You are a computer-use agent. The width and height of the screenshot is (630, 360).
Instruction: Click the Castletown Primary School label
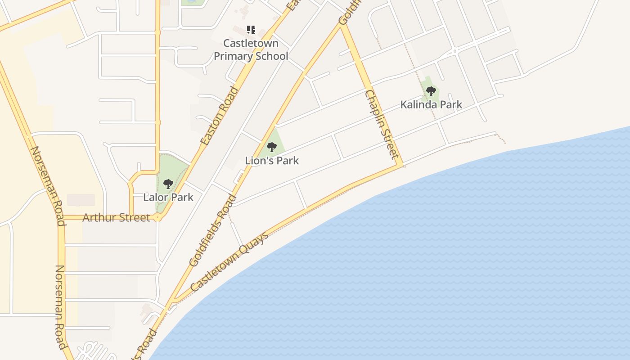(251, 50)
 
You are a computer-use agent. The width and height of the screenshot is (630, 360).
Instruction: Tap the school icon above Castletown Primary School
(251, 30)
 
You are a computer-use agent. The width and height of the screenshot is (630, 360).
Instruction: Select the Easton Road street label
(219, 116)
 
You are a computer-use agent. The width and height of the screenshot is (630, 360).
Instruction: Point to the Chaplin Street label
(382, 125)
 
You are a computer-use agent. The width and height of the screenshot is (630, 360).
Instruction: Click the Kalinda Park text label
(431, 105)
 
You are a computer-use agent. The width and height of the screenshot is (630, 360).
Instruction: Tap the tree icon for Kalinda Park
(431, 91)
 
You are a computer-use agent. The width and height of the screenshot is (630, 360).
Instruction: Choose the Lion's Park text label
(272, 160)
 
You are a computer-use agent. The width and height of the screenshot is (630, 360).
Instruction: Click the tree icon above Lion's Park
(271, 147)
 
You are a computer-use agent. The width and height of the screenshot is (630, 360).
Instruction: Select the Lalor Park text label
(168, 197)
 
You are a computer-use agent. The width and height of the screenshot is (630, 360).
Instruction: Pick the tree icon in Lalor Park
(168, 184)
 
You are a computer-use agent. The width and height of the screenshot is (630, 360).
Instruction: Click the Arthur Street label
(116, 218)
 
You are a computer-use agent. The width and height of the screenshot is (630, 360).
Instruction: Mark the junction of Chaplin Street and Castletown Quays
(401, 165)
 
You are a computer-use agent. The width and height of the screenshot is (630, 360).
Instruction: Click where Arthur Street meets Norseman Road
(62, 218)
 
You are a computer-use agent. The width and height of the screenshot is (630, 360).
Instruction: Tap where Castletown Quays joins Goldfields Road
(173, 301)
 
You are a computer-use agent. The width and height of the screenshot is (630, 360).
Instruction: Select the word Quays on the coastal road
(255, 243)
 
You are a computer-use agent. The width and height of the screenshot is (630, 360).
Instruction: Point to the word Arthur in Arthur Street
(97, 218)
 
